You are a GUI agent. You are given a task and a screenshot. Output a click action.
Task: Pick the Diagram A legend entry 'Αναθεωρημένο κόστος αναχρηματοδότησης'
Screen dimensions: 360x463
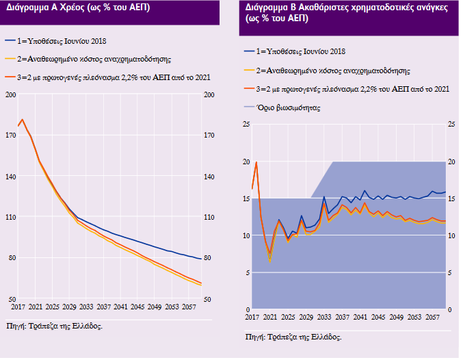(92, 60)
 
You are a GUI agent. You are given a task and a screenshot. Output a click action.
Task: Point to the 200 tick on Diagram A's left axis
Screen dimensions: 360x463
(12, 94)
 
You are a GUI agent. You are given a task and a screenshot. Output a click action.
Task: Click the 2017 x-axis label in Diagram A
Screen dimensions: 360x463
(18, 307)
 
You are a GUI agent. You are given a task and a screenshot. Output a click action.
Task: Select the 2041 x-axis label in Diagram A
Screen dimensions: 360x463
(121, 307)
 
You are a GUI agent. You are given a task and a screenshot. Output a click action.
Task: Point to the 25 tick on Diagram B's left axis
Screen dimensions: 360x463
(247, 124)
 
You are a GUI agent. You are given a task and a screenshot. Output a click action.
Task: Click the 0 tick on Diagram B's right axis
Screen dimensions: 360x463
(450, 310)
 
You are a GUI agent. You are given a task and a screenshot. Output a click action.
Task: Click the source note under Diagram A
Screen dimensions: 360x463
(54, 326)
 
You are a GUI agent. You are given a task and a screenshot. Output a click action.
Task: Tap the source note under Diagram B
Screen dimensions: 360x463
(293, 337)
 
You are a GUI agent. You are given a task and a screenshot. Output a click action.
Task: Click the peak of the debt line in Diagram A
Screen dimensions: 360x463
(23, 120)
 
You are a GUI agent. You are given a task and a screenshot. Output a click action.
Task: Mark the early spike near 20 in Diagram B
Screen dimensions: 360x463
(256, 162)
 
